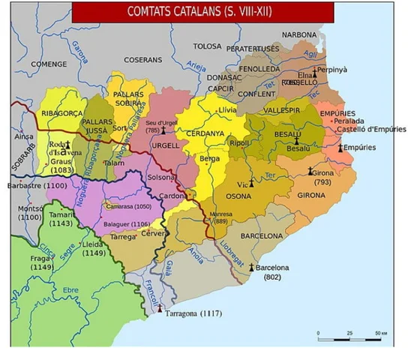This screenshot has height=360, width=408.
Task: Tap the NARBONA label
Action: (x=299, y=35)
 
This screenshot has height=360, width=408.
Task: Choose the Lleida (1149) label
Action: (x=93, y=248)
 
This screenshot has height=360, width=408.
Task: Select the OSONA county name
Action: (x=239, y=196)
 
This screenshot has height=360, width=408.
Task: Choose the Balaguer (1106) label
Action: (x=128, y=223)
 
